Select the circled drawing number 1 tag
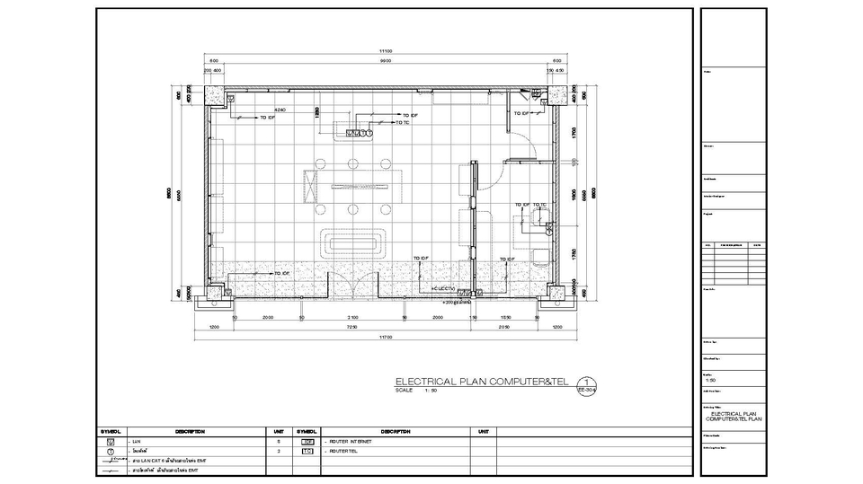click(x=588, y=381)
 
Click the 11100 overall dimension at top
click(x=385, y=50)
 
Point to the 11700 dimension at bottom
click(x=385, y=337)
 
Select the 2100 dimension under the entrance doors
click(x=353, y=317)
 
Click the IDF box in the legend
click(x=307, y=442)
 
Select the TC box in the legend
click(x=307, y=451)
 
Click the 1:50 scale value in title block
click(x=711, y=380)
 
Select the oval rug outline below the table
click(x=354, y=242)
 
